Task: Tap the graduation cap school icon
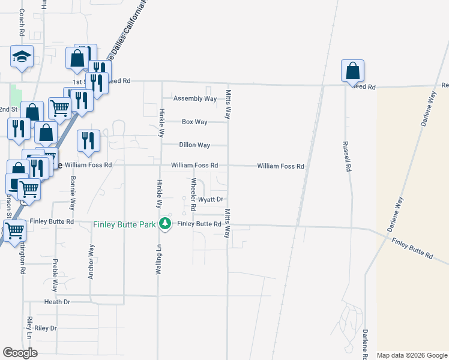point(22,58)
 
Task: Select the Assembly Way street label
point(194,98)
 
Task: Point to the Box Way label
point(194,122)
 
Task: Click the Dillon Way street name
point(194,145)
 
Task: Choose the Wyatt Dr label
point(211,199)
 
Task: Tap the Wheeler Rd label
point(193,194)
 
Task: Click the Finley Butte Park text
point(124,224)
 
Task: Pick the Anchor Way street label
point(92,258)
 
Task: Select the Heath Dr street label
point(57,302)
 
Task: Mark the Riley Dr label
point(45,328)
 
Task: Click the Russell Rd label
point(346,157)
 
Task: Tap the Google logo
point(20,353)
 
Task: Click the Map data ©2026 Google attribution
point(411,355)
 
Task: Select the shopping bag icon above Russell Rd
point(352,71)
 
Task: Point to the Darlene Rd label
point(364,344)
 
